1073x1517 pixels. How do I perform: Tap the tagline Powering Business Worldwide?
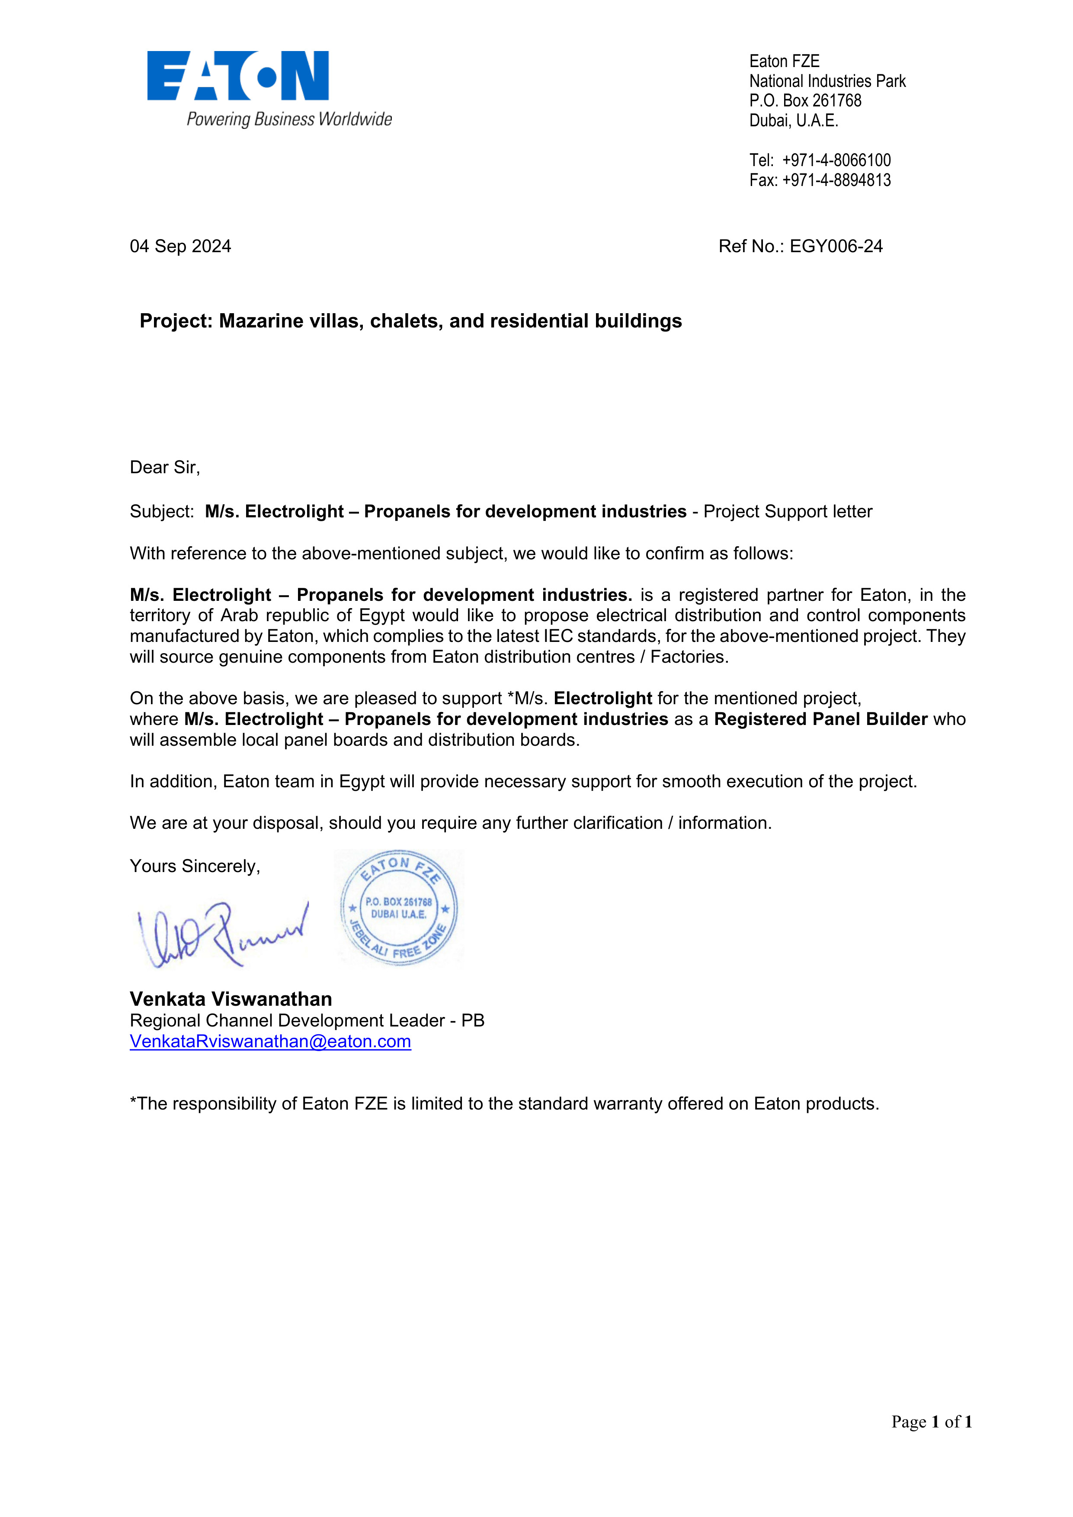pyautogui.click(x=289, y=119)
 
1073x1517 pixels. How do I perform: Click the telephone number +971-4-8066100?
pyautogui.click(x=836, y=160)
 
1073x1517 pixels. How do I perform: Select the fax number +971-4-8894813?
pyautogui.click(x=836, y=180)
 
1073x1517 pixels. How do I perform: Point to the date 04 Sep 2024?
pyautogui.click(x=180, y=247)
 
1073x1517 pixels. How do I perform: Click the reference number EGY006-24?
pyautogui.click(x=836, y=247)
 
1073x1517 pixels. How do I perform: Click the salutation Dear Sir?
pyautogui.click(x=164, y=468)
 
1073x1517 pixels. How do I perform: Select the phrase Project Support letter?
pyautogui.click(x=788, y=512)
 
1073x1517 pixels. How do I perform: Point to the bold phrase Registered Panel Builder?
pyautogui.click(x=820, y=719)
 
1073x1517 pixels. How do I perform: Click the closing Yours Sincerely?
pyautogui.click(x=195, y=866)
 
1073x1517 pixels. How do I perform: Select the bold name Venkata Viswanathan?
pyautogui.click(x=231, y=999)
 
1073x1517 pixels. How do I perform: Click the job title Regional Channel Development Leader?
pyautogui.click(x=287, y=1021)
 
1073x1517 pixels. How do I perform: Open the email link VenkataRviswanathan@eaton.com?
pyautogui.click(x=270, y=1042)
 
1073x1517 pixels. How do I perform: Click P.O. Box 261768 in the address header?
pyautogui.click(x=805, y=101)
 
